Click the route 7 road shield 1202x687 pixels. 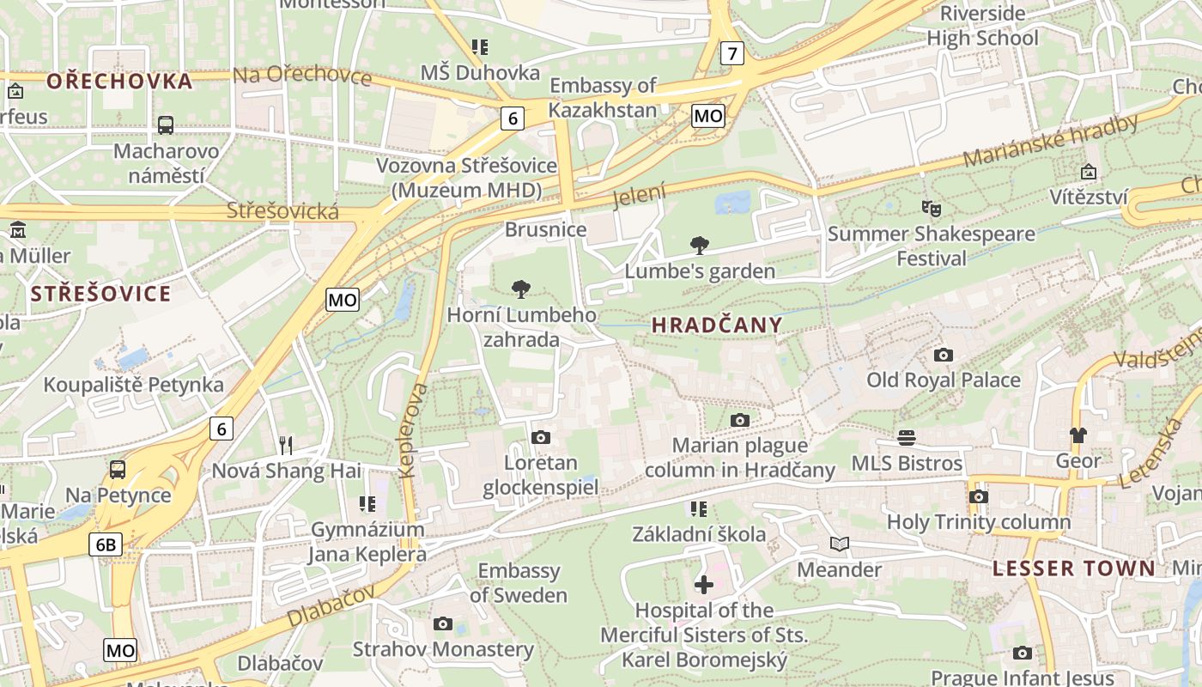(x=732, y=53)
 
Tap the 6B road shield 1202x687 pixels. (x=106, y=544)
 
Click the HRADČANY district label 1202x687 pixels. (x=717, y=325)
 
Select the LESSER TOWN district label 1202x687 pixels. (x=1074, y=568)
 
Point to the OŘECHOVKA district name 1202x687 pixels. (x=119, y=82)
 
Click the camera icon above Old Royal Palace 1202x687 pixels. (x=944, y=355)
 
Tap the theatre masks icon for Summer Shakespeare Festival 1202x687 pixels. (x=931, y=208)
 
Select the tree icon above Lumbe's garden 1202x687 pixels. (x=700, y=246)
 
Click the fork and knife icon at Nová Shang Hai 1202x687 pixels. (x=286, y=445)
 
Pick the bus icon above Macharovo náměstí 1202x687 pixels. (x=166, y=125)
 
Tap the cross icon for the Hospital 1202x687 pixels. (x=703, y=585)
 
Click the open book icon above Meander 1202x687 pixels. (x=839, y=544)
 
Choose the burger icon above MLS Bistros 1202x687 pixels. (x=907, y=438)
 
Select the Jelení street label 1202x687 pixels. (x=640, y=197)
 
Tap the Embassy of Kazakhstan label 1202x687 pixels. (x=603, y=98)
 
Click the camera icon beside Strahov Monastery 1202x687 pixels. (x=443, y=623)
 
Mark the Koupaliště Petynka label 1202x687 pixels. (x=134, y=385)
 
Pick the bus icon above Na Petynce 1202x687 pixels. (x=118, y=470)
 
